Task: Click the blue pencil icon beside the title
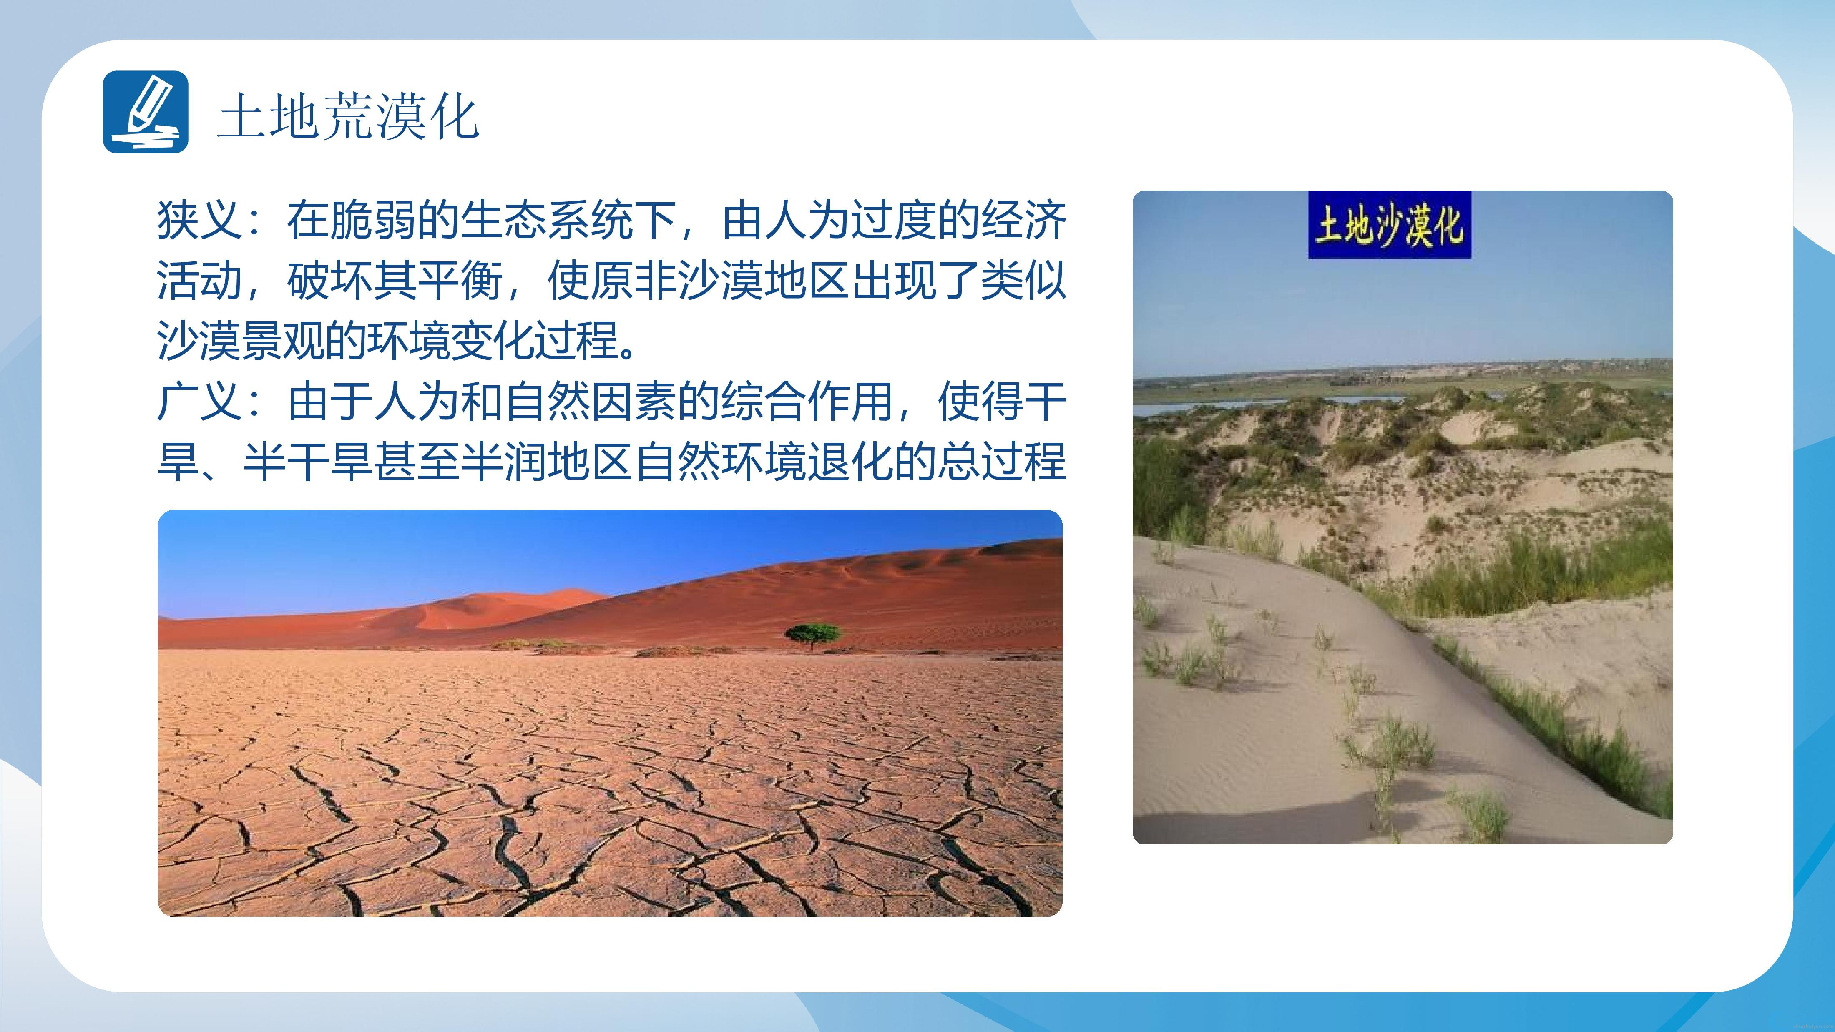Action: [145, 112]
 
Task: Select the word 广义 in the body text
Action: [200, 402]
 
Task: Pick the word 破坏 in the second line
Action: [330, 281]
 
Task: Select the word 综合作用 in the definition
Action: [807, 402]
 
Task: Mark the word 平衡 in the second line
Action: [460, 281]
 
